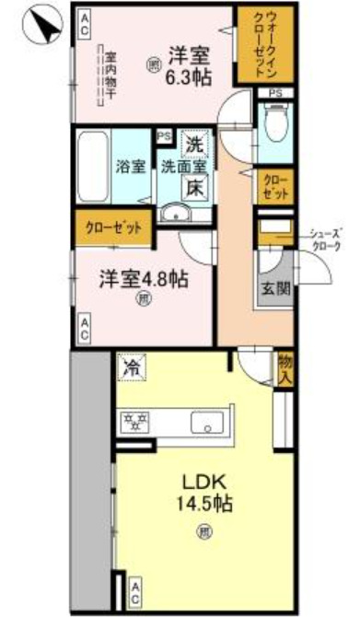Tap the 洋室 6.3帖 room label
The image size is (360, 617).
190,65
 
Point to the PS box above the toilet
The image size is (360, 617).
275,94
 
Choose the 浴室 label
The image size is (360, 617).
131,168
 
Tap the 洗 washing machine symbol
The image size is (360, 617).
194,145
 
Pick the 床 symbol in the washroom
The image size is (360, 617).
194,186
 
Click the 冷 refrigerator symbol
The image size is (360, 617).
132,367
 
